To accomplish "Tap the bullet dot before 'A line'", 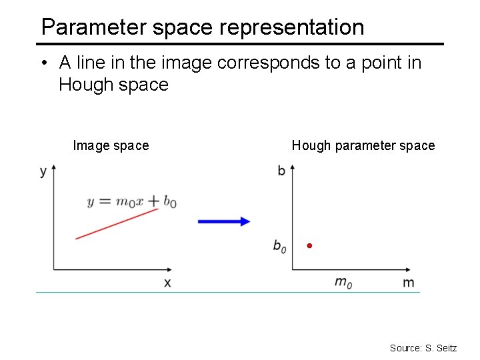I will tap(43, 63).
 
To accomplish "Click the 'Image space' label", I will tap(111, 145).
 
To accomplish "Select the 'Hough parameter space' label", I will tap(363, 145).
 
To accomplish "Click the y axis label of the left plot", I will tap(43, 171).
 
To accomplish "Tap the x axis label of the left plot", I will tap(167, 283).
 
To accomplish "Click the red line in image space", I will tap(117, 223).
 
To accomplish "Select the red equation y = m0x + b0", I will tap(132, 201).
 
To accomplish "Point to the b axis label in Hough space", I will tap(281, 171).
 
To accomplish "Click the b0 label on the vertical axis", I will tap(280, 246).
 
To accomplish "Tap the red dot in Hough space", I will tap(309, 246).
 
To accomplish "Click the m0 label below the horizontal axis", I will tap(343, 283).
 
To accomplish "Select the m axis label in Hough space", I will tap(408, 283).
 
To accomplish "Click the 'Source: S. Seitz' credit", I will tap(423, 348).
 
